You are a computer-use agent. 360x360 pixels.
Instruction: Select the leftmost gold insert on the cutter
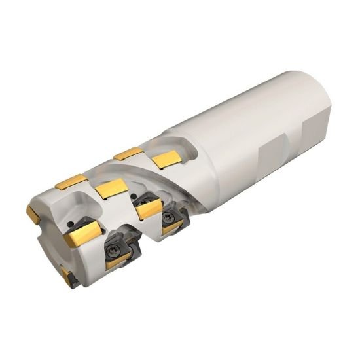[x=33, y=213]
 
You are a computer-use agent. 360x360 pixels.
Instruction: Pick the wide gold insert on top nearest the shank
[x=166, y=159]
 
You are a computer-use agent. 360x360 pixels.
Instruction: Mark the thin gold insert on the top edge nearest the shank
[x=127, y=154]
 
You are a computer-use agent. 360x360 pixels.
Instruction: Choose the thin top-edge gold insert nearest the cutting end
[x=71, y=182]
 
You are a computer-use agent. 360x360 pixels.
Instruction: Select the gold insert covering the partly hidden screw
[x=150, y=209]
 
